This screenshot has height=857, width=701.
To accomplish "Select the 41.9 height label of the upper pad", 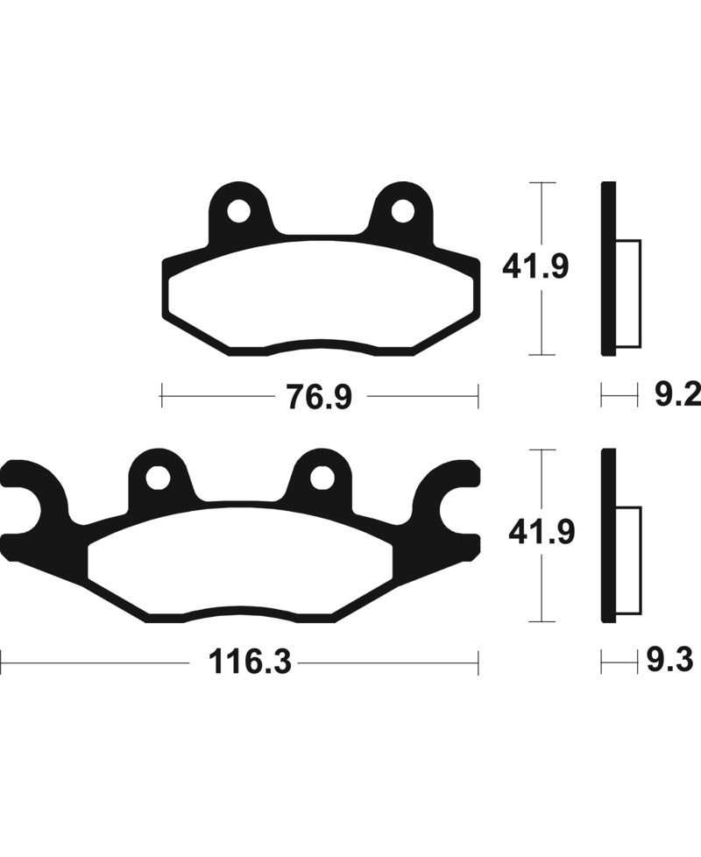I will click(x=535, y=266).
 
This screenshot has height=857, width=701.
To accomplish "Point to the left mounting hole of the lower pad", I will click(x=158, y=478).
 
